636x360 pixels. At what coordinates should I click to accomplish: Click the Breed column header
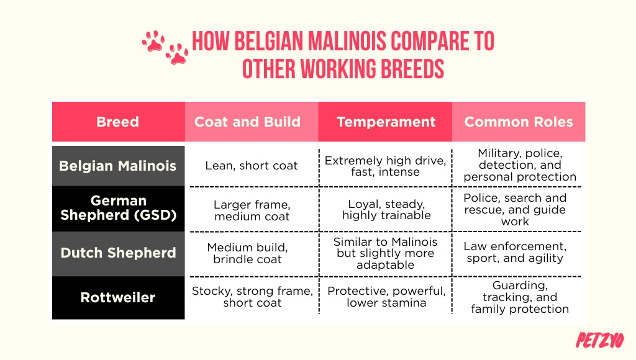[x=118, y=122]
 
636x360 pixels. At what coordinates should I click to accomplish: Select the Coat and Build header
[x=247, y=122]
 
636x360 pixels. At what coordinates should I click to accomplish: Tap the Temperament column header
[x=386, y=122]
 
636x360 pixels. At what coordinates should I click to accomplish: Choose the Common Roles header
[x=519, y=122]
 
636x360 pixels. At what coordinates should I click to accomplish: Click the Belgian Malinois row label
[x=118, y=166]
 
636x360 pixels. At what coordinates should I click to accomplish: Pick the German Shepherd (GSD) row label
[x=118, y=209]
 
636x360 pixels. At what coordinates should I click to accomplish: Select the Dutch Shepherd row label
[x=118, y=253]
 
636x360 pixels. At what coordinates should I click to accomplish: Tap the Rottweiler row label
[x=118, y=297]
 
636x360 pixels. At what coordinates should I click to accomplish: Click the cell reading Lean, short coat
[x=252, y=166]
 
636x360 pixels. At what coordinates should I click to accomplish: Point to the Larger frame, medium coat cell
[x=252, y=210]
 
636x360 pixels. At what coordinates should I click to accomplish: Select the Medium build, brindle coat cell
[x=247, y=253]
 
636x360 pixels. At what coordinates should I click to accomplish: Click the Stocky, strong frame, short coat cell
[x=252, y=297]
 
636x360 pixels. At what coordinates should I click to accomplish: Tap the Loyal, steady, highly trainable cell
[x=386, y=210]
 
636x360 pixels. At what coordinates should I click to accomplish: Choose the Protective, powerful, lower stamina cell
[x=386, y=297]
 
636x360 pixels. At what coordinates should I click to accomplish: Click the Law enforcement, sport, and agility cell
[x=515, y=252]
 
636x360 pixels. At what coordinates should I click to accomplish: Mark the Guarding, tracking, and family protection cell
[x=519, y=297]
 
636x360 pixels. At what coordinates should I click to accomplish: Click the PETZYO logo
[x=599, y=340]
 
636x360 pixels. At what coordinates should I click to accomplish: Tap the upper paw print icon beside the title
[x=153, y=41]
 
